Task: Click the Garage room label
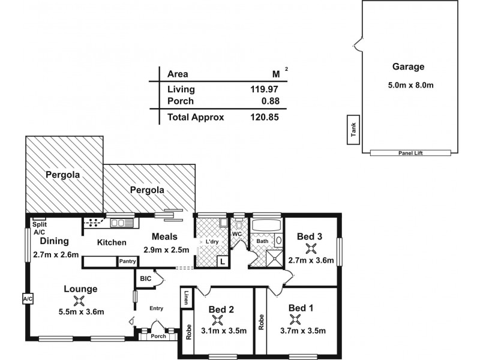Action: coord(408,67)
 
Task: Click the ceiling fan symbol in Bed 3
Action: coord(310,248)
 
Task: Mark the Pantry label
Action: coord(127,262)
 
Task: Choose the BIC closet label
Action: coord(145,279)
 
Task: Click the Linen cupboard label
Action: coord(187,298)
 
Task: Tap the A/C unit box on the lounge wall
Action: coord(27,298)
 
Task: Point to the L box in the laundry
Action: coord(222,262)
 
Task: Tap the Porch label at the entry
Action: coord(158,336)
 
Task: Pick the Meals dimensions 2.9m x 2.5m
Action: coord(166,250)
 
